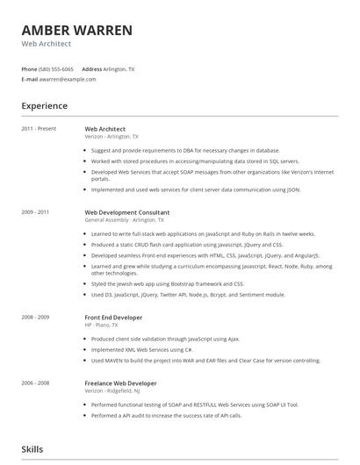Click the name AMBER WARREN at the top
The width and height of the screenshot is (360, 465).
tap(77, 31)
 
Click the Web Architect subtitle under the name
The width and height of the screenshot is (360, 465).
tap(47, 44)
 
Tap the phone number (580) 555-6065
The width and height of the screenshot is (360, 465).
tap(57, 68)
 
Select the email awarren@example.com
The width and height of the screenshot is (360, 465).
tap(67, 79)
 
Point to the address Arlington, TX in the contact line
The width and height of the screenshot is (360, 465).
tap(119, 68)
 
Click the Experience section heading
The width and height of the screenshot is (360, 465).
tap(45, 106)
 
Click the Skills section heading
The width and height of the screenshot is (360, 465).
tap(32, 449)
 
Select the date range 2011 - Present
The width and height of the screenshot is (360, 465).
tap(39, 129)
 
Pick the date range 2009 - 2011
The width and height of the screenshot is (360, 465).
tap(35, 212)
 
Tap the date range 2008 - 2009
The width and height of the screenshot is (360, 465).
tap(35, 317)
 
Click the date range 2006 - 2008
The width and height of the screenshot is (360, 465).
tap(35, 383)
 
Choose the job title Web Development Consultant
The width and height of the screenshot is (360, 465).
tap(126, 212)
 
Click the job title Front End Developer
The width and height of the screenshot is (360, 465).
tap(113, 317)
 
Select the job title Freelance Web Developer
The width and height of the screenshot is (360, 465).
tap(120, 383)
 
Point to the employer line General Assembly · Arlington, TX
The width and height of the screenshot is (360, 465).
tap(124, 220)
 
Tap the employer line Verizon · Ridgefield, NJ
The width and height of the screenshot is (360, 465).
tap(114, 391)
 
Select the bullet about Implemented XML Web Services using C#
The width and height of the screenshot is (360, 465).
tap(142, 349)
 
